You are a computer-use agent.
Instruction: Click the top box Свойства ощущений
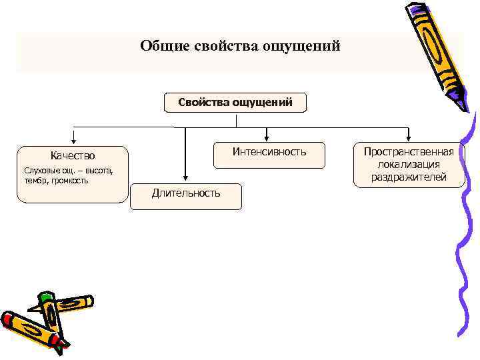235,103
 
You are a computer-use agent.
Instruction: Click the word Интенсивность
269,152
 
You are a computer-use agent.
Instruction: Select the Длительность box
186,193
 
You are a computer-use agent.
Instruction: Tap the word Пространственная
408,152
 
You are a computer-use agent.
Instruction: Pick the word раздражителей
408,177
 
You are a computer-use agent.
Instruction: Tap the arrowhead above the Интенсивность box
267,138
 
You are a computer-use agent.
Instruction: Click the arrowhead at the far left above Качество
73,141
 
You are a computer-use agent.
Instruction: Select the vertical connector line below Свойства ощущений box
236,120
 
